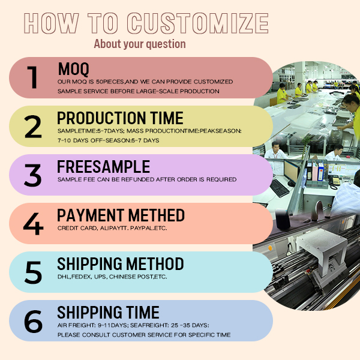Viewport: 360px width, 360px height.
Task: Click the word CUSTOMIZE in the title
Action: pos(197,23)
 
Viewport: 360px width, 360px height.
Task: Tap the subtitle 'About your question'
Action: pos(140,44)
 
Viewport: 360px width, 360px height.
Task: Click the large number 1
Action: pos(32,77)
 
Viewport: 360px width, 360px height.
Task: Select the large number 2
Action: pos(33,127)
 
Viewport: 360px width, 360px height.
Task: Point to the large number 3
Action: pos(32,175)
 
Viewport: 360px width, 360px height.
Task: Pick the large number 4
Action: pos(33,224)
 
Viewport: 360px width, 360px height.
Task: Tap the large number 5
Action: pos(33,272)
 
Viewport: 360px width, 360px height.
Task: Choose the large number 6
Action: pos(33,321)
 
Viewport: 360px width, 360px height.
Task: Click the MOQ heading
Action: pos(73,69)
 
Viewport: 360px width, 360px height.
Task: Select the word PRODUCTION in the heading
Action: pos(101,118)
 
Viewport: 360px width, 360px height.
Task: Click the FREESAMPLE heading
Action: pos(104,167)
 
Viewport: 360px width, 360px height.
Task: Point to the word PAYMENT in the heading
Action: pos(91,215)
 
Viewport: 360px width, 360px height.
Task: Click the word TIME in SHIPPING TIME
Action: pos(143,313)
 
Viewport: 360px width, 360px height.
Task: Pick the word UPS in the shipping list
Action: pos(100,277)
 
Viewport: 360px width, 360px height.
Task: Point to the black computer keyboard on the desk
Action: pos(280,188)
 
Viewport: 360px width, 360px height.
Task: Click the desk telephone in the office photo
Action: pos(334,181)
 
